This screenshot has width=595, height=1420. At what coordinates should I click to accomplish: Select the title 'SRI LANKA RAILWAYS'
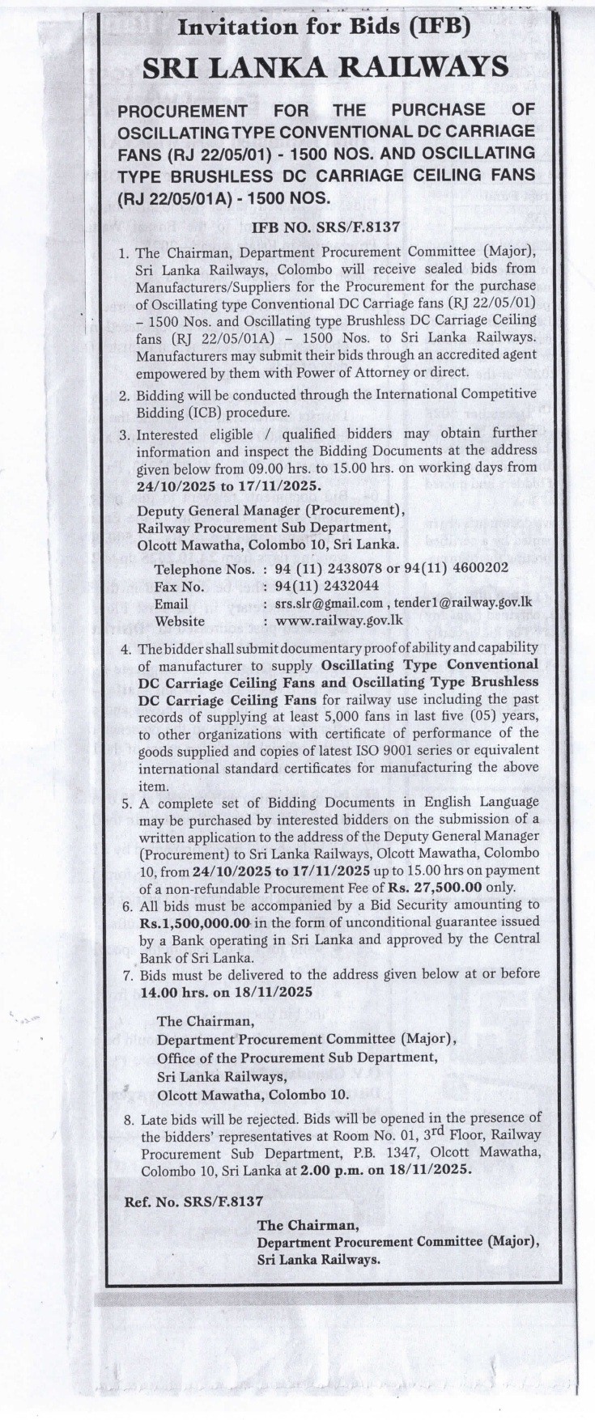tap(325, 68)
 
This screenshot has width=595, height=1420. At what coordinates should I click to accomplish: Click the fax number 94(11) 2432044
tap(323, 587)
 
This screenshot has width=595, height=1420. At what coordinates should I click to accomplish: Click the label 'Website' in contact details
tap(180, 621)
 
